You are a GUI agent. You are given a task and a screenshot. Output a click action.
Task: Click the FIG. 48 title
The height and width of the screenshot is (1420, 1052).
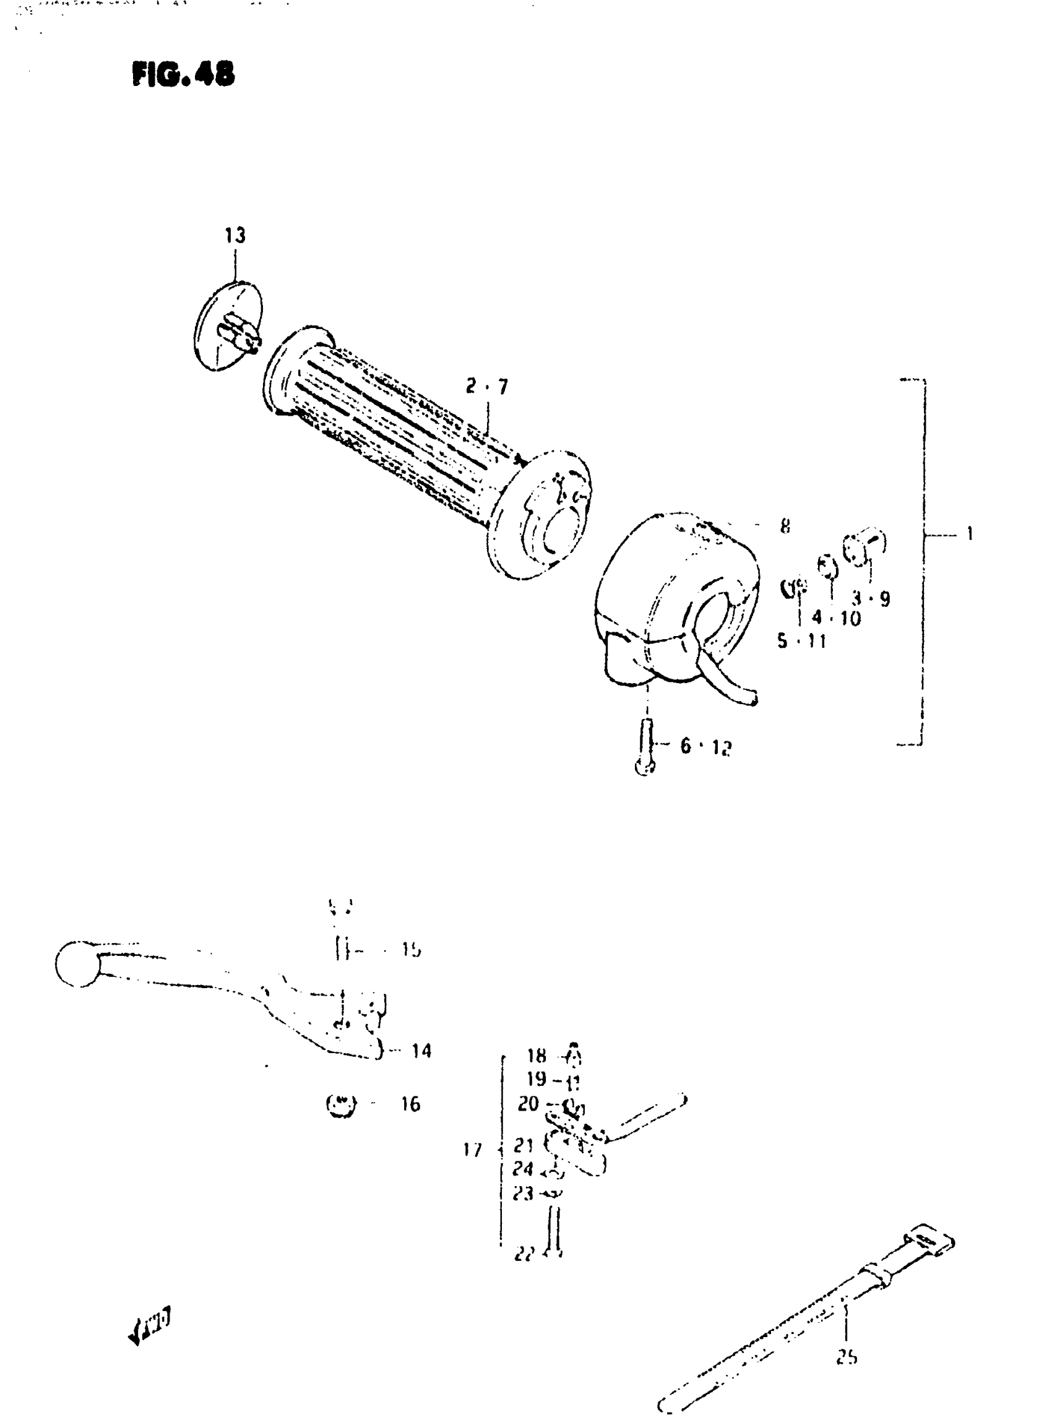[x=183, y=74]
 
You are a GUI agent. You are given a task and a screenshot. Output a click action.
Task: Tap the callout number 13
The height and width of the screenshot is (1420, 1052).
[x=235, y=236]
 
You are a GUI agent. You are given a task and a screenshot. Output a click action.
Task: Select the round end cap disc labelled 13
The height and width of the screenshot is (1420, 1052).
[x=227, y=326]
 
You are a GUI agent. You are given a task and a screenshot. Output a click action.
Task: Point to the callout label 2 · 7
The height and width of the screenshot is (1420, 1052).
[x=486, y=386]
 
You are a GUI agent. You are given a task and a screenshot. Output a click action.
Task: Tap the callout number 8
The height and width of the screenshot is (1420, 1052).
[x=785, y=526]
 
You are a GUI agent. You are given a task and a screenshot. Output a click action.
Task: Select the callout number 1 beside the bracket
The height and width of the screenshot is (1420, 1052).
[x=969, y=533]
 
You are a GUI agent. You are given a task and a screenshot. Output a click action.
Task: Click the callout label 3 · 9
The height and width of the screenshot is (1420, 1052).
[x=871, y=598]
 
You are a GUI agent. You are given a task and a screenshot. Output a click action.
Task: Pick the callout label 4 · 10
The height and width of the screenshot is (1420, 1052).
[x=836, y=617]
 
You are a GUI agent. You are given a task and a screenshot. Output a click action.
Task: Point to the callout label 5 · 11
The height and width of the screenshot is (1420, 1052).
[x=801, y=640]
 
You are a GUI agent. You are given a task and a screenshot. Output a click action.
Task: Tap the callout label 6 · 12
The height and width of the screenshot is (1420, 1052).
[x=705, y=746]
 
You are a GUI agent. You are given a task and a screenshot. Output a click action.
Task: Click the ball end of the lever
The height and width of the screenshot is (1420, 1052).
[x=76, y=963]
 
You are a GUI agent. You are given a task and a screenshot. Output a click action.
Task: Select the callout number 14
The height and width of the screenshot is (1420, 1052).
[x=421, y=1050]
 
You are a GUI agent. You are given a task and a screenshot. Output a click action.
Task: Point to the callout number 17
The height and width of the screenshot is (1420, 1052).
[x=473, y=1150]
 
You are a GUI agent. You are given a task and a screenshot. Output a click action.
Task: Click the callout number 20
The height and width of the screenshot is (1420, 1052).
[x=528, y=1104]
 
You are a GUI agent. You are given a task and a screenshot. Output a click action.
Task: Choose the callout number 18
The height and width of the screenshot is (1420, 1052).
[x=536, y=1056]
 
